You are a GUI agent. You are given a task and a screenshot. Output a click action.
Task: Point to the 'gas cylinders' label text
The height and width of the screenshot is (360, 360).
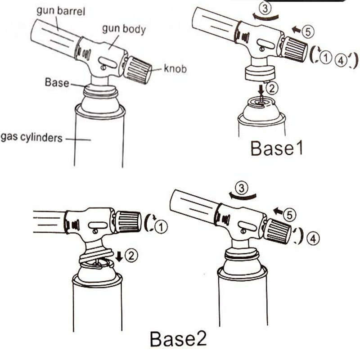pos(31,137)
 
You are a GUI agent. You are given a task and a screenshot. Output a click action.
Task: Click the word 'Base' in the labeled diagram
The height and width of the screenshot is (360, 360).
pos(57,83)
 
